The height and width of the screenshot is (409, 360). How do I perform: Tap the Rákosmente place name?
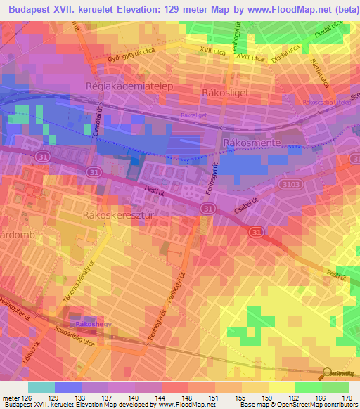[x=251, y=143]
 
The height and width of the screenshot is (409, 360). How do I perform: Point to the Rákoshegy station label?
[x=95, y=323]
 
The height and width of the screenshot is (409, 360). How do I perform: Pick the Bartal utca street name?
[x=320, y=72]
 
